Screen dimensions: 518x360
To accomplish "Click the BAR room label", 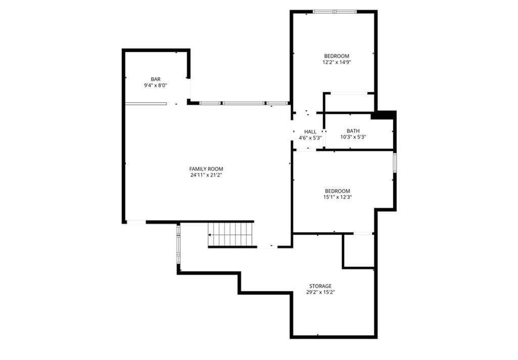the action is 156,79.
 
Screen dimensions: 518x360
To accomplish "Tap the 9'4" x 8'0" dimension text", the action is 156,85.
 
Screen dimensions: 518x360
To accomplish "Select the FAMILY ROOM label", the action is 206,169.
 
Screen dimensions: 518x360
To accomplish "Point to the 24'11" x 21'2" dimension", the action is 206,175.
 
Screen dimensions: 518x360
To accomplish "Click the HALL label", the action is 310,132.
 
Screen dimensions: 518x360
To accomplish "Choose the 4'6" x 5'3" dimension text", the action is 310,138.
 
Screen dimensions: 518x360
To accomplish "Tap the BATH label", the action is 353,131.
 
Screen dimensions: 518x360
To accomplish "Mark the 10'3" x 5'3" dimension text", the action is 353,137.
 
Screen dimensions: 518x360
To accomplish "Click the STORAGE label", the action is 320,286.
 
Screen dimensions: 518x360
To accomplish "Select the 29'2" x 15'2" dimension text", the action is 320,292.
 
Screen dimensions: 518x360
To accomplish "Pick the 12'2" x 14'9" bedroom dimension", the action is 336,62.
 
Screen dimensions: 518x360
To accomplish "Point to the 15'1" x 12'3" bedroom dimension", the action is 337,197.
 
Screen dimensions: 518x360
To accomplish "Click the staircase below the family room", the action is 231,235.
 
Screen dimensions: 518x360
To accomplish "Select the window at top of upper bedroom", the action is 335,12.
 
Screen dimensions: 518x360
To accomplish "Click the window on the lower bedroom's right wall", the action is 395,162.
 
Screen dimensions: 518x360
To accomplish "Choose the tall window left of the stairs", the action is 179,244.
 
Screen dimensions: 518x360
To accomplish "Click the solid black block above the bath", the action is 383,115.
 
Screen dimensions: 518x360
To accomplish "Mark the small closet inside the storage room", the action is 359,250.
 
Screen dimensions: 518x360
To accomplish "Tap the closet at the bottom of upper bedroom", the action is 350,103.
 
